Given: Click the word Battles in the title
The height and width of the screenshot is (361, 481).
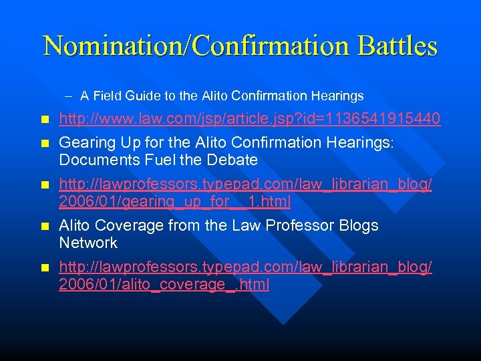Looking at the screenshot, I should pyautogui.click(x=398, y=45).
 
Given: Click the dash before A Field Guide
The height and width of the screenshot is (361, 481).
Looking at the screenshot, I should pyautogui.click(x=69, y=96).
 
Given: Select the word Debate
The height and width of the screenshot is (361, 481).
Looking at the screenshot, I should pyautogui.click(x=232, y=160).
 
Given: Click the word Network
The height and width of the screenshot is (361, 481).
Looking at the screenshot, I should pyautogui.click(x=88, y=243).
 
